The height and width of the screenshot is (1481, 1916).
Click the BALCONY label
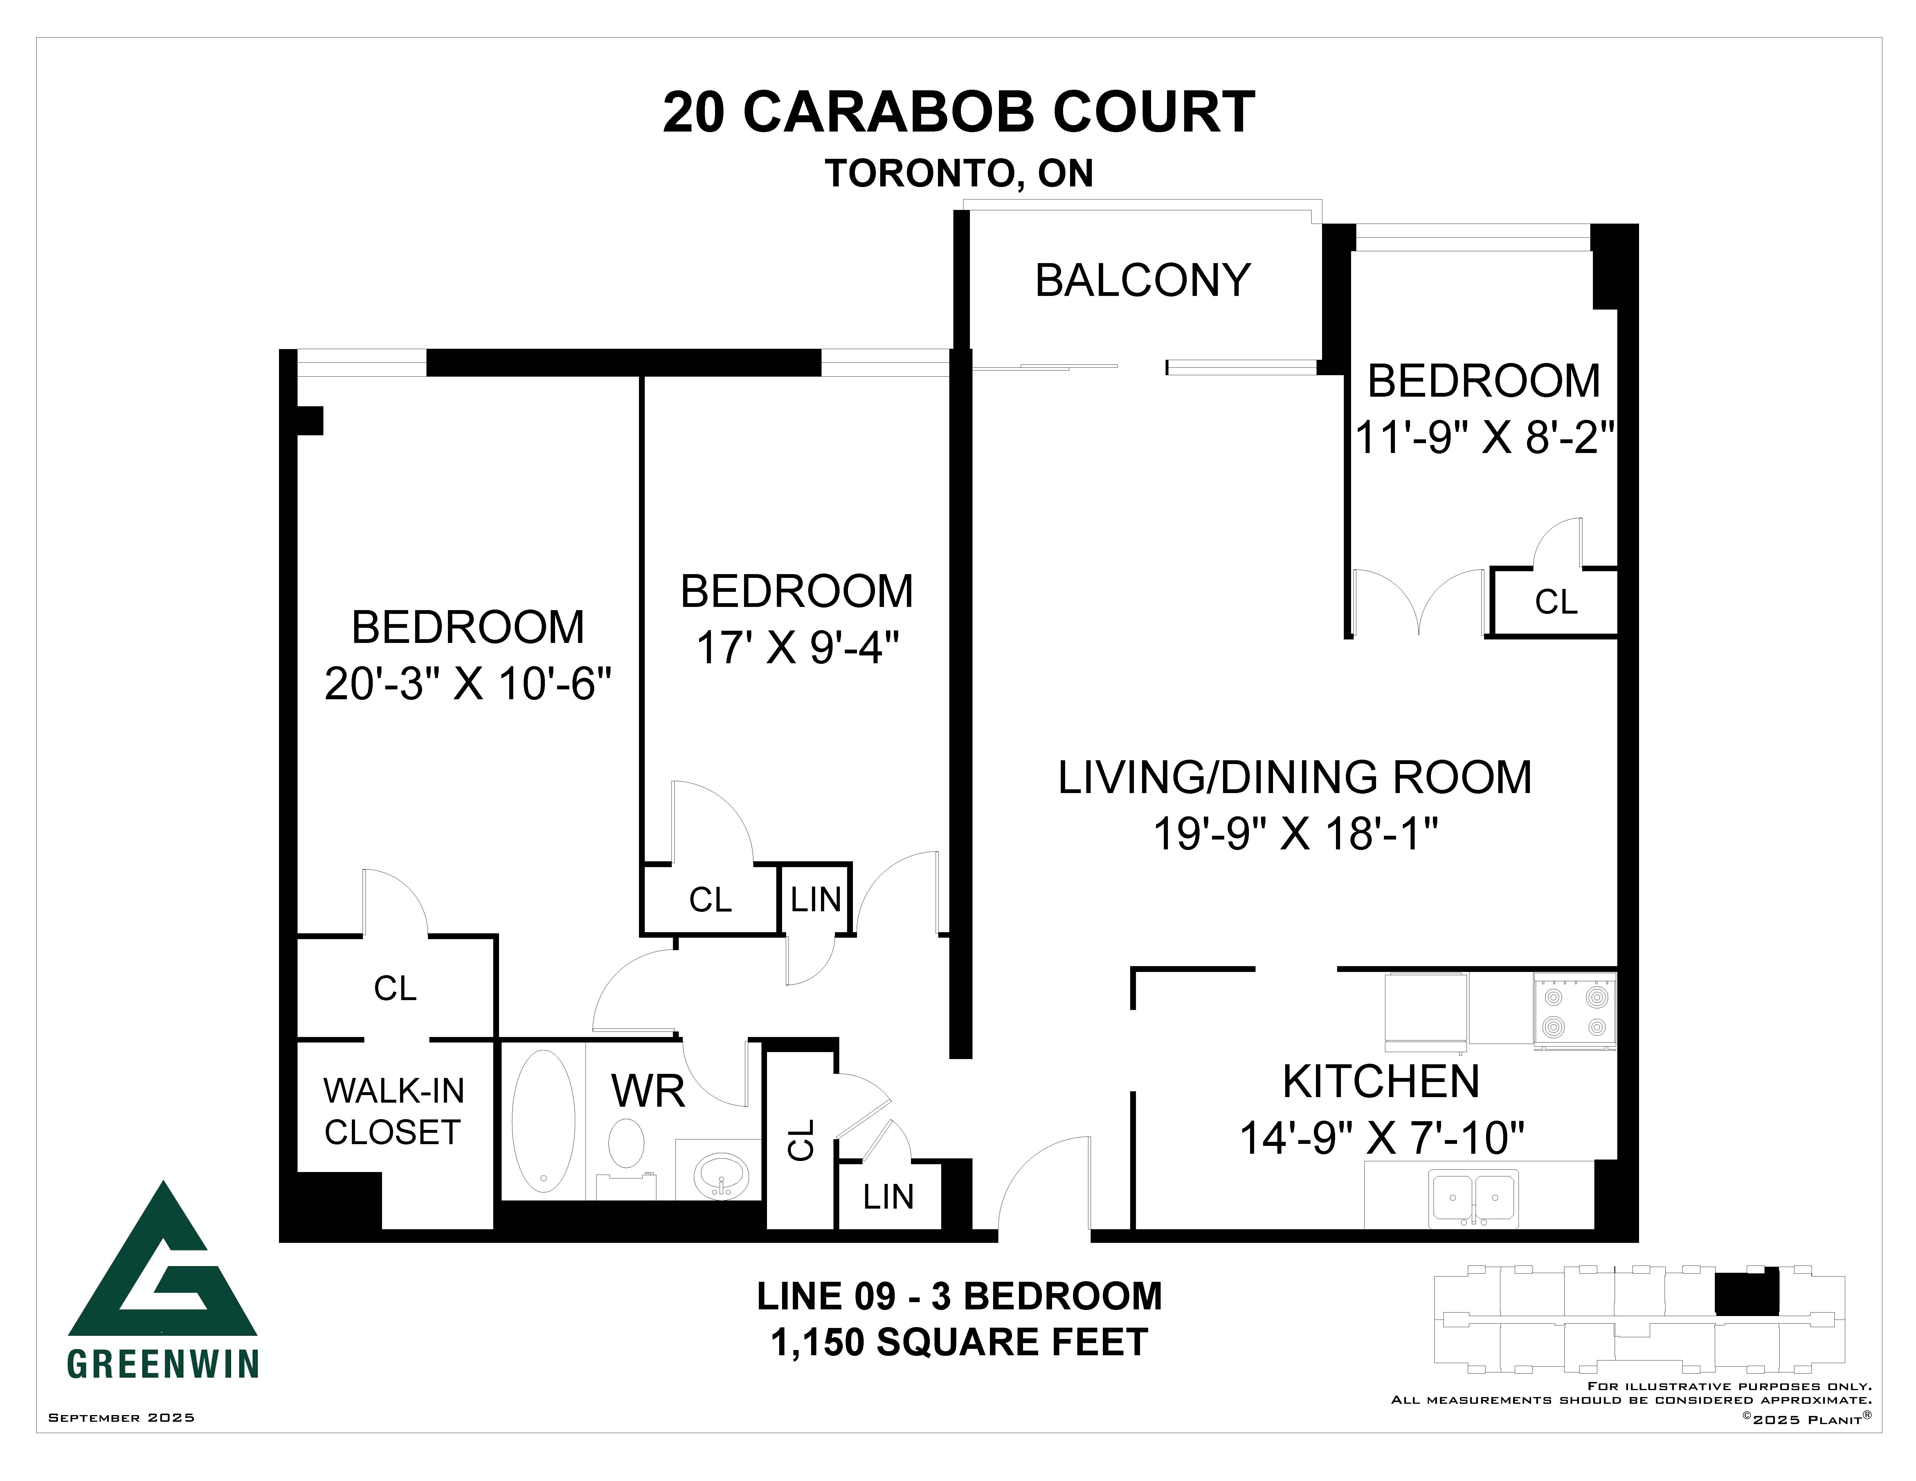1142,281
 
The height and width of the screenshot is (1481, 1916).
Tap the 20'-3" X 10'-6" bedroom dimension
468,684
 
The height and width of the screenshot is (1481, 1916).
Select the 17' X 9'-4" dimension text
797,648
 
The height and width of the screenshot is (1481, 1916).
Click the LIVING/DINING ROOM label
1295,777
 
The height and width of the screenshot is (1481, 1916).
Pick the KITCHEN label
1381,1082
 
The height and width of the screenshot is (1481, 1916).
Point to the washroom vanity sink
721,1174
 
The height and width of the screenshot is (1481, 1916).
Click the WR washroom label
647,1092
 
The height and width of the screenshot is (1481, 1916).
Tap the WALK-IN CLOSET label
393,1112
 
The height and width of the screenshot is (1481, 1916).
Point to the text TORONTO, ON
959,174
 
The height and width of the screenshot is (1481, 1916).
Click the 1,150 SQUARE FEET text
959,1342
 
